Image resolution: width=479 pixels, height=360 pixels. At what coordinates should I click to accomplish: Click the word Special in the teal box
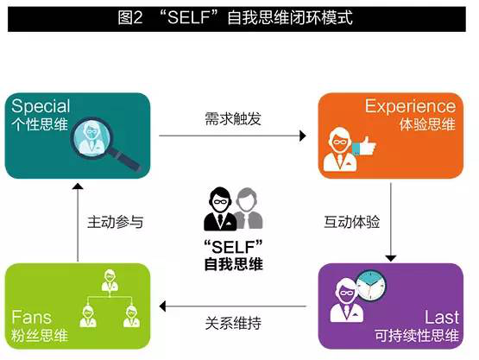click(41, 107)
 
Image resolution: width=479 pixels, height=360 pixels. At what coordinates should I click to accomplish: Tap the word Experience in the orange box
click(410, 106)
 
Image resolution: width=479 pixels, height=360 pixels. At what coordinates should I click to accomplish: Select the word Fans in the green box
click(31, 317)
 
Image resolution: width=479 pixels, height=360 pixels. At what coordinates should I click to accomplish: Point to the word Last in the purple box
click(442, 317)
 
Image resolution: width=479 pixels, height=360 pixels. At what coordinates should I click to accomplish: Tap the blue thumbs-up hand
click(364, 146)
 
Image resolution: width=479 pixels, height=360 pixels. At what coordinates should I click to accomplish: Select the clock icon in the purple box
click(371, 285)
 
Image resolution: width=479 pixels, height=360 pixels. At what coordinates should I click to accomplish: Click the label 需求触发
click(233, 119)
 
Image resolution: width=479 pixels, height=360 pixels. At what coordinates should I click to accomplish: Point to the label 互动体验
click(351, 222)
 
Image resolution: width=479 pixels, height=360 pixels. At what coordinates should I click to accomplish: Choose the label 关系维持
click(233, 324)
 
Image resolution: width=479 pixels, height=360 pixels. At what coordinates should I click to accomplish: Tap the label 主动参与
click(115, 222)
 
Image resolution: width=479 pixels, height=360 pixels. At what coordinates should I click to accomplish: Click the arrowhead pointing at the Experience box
click(303, 136)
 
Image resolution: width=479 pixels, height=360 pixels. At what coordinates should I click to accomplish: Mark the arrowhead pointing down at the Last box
click(391, 258)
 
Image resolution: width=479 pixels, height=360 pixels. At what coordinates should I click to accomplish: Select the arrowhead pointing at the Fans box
click(162, 306)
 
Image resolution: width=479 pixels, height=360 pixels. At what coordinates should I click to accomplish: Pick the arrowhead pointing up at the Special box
click(78, 186)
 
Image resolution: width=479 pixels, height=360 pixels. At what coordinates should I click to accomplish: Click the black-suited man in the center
click(221, 209)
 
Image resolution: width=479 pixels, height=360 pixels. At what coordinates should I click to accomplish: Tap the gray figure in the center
click(249, 208)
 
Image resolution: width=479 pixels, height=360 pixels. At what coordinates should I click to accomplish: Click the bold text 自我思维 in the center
click(233, 264)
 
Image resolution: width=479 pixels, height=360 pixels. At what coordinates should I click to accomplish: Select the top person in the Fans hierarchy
click(110, 281)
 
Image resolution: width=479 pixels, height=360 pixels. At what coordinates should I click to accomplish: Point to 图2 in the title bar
click(130, 17)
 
